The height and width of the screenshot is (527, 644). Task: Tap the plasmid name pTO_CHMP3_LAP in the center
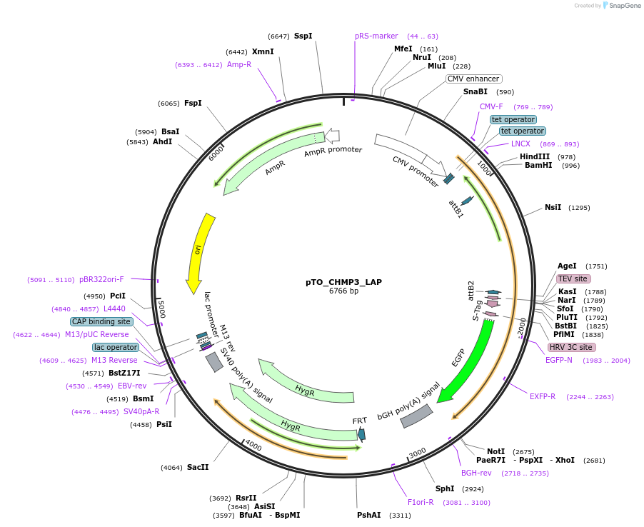click(343, 282)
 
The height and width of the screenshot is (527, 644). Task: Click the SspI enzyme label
click(303, 36)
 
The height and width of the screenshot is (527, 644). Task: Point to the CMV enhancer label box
click(474, 79)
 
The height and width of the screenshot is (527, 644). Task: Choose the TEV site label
click(573, 278)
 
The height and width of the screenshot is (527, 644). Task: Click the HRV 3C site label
click(570, 347)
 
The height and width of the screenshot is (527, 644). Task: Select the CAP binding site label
click(101, 321)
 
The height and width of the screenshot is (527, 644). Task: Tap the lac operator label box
click(116, 347)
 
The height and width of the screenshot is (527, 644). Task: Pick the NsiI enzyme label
click(553, 207)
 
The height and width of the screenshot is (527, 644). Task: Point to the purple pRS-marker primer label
click(376, 36)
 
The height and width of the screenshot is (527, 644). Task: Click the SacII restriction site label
click(198, 468)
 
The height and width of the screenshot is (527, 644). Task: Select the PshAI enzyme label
click(369, 514)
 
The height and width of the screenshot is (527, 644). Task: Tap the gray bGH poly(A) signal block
click(417, 416)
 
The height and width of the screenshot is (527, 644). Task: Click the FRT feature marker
click(362, 433)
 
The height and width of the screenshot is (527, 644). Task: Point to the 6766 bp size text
click(343, 291)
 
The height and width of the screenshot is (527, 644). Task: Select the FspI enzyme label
click(193, 103)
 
